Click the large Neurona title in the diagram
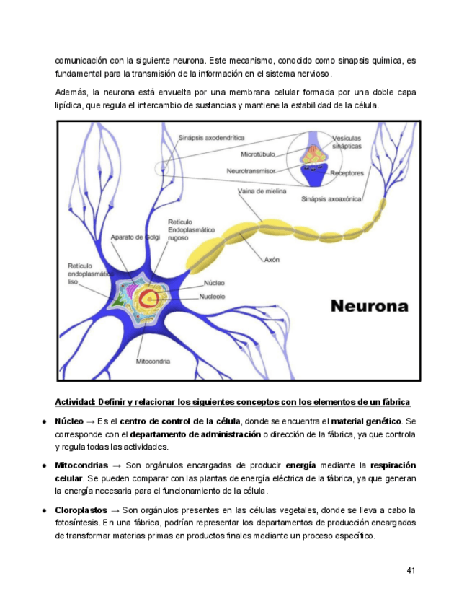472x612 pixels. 370,305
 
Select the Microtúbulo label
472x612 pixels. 259,154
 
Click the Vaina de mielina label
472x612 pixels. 262,193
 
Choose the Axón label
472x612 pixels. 272,259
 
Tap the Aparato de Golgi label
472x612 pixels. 135,236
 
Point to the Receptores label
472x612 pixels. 347,173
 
